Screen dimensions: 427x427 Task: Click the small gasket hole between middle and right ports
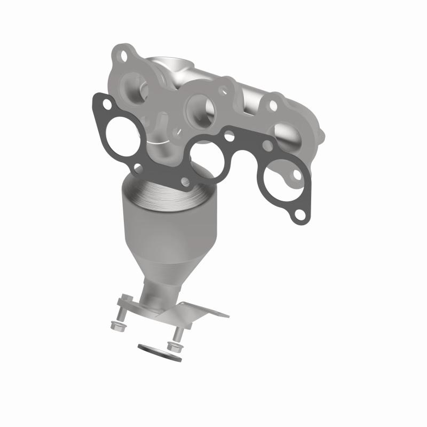tap(230, 137)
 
